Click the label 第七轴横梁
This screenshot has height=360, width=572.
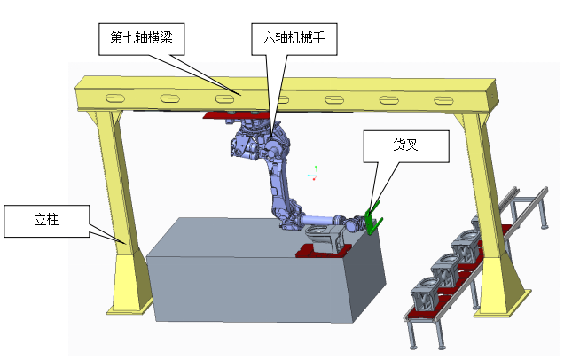pos(141,38)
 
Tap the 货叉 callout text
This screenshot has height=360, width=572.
pos(406,144)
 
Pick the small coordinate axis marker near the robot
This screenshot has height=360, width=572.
pos(313,173)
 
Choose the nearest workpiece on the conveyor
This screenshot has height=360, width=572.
pos(425,292)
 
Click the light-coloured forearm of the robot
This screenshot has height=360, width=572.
pos(314,219)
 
